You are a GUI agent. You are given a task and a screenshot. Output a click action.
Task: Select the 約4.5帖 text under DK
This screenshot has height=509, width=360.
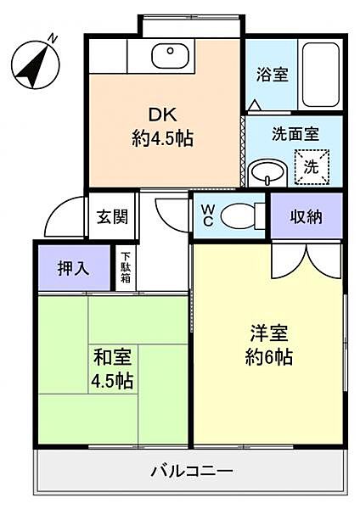pyautogui.click(x=162, y=138)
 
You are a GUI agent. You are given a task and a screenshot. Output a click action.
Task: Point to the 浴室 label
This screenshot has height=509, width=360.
pyautogui.click(x=273, y=74)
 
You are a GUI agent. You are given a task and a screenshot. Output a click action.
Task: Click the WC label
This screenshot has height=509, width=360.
pyautogui.click(x=206, y=215)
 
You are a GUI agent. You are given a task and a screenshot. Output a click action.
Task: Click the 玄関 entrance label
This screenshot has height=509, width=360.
pyautogui.click(x=111, y=216)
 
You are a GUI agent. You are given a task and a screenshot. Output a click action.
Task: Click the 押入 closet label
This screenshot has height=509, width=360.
pyautogui.click(x=74, y=269)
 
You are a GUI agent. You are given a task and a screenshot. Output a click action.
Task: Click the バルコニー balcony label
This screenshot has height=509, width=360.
pyautogui.click(x=192, y=469)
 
